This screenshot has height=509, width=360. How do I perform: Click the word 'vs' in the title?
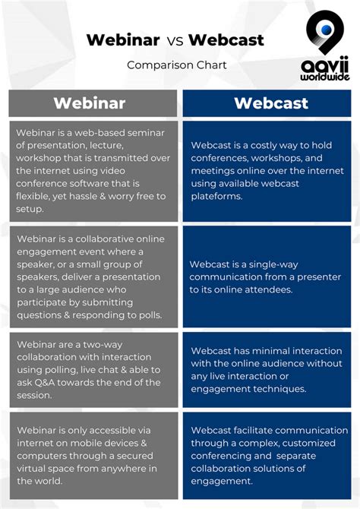[175, 41]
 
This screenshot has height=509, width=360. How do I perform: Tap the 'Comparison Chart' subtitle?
[177, 65]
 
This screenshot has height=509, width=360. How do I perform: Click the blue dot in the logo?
[326, 30]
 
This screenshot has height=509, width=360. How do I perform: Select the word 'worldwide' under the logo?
[325, 77]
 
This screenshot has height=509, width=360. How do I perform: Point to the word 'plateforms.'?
[216, 197]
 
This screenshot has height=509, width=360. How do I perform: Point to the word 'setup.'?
[30, 209]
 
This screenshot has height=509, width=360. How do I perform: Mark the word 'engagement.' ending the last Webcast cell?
[222, 481]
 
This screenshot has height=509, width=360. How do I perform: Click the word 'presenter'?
[319, 277]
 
